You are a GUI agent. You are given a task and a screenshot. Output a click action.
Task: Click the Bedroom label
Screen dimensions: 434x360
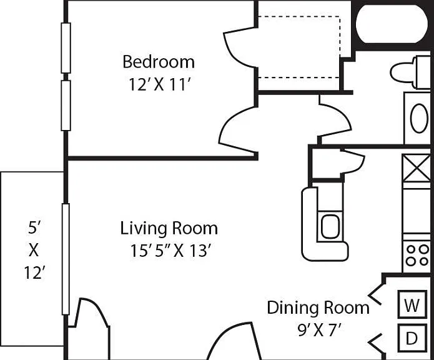pos(159,62)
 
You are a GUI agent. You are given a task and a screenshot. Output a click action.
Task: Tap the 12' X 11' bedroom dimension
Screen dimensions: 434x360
pos(160,84)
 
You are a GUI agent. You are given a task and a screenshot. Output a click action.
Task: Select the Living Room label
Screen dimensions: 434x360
pos(169,228)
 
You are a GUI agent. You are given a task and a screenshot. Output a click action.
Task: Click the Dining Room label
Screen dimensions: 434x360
pos(318,307)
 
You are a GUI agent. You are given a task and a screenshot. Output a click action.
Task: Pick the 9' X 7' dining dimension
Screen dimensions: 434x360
pos(318,329)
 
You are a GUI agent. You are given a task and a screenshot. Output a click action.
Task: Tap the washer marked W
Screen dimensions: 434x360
pos(412,304)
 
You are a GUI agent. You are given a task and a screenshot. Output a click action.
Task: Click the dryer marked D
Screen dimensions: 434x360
pos(412,338)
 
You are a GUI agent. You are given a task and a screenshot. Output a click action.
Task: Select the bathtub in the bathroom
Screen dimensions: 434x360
pos(392,24)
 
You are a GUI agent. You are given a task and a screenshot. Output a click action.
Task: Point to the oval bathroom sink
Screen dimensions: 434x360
pos(419,118)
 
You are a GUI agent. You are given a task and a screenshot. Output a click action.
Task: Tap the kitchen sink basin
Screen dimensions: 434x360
pos(330,226)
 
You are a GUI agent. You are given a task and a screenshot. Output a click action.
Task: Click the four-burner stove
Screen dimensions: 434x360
pos(417,255)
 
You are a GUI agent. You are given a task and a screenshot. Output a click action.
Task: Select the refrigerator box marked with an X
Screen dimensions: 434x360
pos(417,168)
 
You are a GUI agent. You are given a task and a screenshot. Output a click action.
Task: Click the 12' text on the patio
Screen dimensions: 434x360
pos(34,272)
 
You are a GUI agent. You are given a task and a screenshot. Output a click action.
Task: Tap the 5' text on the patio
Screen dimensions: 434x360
pos(34,228)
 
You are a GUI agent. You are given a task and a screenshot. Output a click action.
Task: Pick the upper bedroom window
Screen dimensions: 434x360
pos(66,48)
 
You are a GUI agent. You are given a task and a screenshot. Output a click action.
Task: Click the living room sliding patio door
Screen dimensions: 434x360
pos(66,259)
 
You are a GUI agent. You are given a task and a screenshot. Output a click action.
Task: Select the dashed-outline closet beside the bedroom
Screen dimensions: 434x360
pos(299,47)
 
